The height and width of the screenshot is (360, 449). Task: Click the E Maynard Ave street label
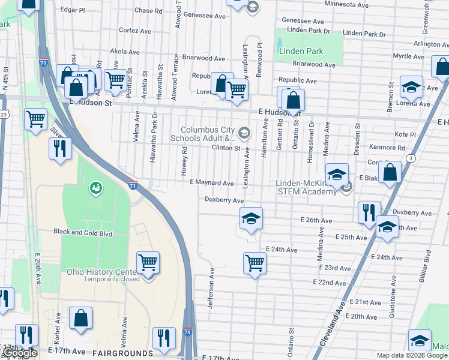pos(211,182)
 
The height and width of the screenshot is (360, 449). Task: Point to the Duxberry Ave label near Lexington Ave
pos(224,200)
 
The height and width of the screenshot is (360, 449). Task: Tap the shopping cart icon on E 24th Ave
pos(255,262)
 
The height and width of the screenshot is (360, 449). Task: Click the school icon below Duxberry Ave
pos(251,218)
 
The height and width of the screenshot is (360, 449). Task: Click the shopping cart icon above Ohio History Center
pos(147,262)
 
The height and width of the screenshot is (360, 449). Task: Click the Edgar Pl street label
pos(73,10)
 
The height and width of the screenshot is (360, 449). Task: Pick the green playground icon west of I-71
pos(95,188)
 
